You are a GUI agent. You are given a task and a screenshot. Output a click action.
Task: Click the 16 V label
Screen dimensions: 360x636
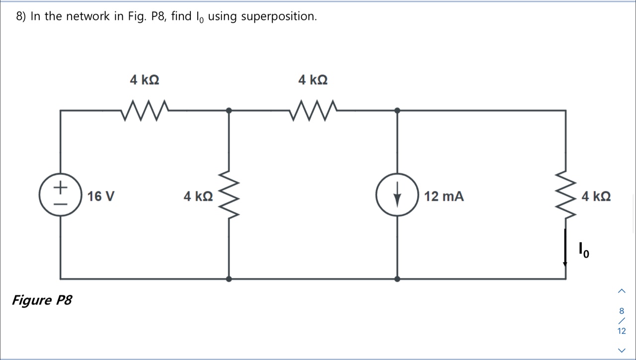pos(101,196)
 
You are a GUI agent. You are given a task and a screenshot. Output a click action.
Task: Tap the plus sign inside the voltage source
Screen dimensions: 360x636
pos(60,187)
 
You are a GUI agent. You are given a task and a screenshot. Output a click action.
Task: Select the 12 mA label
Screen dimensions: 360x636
pos(444,196)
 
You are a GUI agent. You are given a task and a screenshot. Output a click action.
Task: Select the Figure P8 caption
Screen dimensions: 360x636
pos(42,300)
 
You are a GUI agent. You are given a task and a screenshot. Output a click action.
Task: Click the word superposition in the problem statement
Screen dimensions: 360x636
pos(279,16)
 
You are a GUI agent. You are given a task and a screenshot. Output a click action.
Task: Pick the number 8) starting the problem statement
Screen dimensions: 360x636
pos(21,16)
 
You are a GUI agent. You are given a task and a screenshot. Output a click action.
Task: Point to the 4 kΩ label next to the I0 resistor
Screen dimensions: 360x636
pos(596,196)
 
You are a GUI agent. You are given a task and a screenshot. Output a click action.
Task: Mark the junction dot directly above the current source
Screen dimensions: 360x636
pos(397,110)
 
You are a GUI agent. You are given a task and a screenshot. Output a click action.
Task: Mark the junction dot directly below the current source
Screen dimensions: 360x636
pos(397,279)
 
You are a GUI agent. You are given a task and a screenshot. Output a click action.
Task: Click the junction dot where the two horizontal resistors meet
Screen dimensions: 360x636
pos(229,110)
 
